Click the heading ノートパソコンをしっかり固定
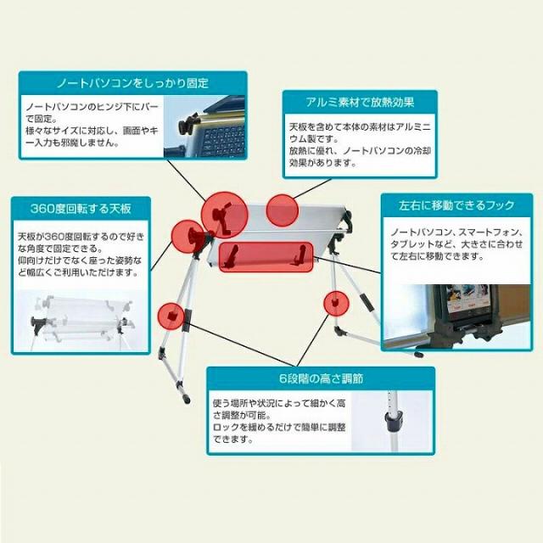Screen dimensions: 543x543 [132, 83]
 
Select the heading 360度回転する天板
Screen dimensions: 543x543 [81, 209]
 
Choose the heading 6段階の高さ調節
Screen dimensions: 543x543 [322, 378]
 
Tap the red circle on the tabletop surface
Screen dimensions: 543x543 [283, 210]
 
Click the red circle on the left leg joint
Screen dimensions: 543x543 [173, 316]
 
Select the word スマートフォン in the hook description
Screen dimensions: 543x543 [471, 231]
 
